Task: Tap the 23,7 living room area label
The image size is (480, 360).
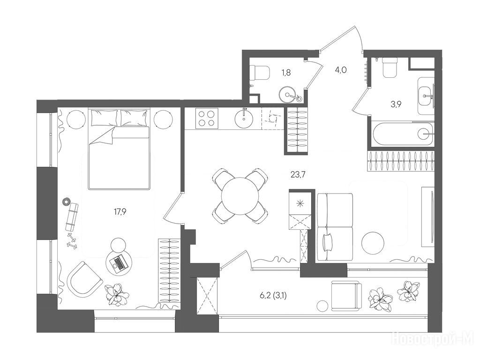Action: click(x=298, y=175)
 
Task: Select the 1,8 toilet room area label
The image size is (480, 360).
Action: click(x=286, y=73)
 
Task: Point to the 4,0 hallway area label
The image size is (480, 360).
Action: click(x=341, y=70)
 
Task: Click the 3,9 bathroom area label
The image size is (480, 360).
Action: click(x=396, y=105)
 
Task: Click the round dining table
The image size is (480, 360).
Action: click(x=240, y=196)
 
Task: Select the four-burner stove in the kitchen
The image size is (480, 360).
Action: click(x=206, y=119)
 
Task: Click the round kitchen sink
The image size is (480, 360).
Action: click(x=244, y=118)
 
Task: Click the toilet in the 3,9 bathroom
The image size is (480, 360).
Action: click(x=390, y=68)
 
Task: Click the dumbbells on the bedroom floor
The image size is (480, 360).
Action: click(x=72, y=240)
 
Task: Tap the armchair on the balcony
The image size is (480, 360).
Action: click(x=346, y=296)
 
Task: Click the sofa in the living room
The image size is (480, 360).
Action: click(x=335, y=227)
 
